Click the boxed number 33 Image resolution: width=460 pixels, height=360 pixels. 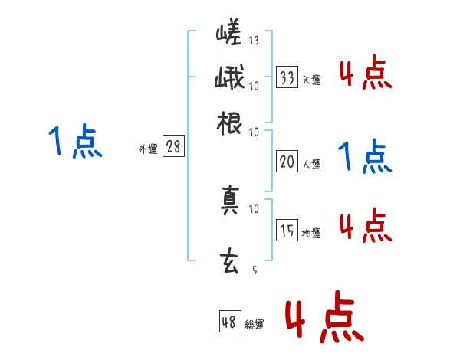point(287,77)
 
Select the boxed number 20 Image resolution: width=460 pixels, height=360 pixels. point(287,162)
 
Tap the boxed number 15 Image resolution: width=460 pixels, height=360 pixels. point(287,231)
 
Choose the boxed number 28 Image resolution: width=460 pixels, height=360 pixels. point(173,148)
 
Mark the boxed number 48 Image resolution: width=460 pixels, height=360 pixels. point(229,322)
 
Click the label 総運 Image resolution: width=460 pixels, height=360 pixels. point(254,325)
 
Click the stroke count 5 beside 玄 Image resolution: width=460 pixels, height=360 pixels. point(255,270)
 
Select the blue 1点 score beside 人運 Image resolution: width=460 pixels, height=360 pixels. point(365,157)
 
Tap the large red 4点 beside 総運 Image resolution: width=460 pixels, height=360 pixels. point(323,316)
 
